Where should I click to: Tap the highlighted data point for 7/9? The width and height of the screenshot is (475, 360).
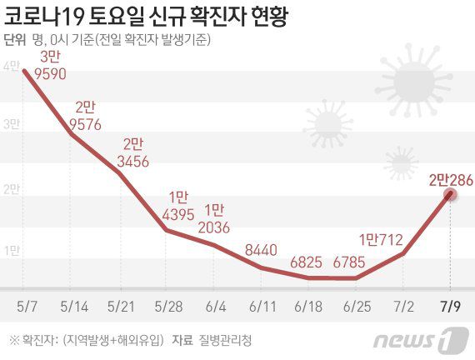(x=450, y=194)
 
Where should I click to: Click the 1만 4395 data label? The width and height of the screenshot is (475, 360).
(x=178, y=205)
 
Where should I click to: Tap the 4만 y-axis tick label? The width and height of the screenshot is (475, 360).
(x=10, y=65)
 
